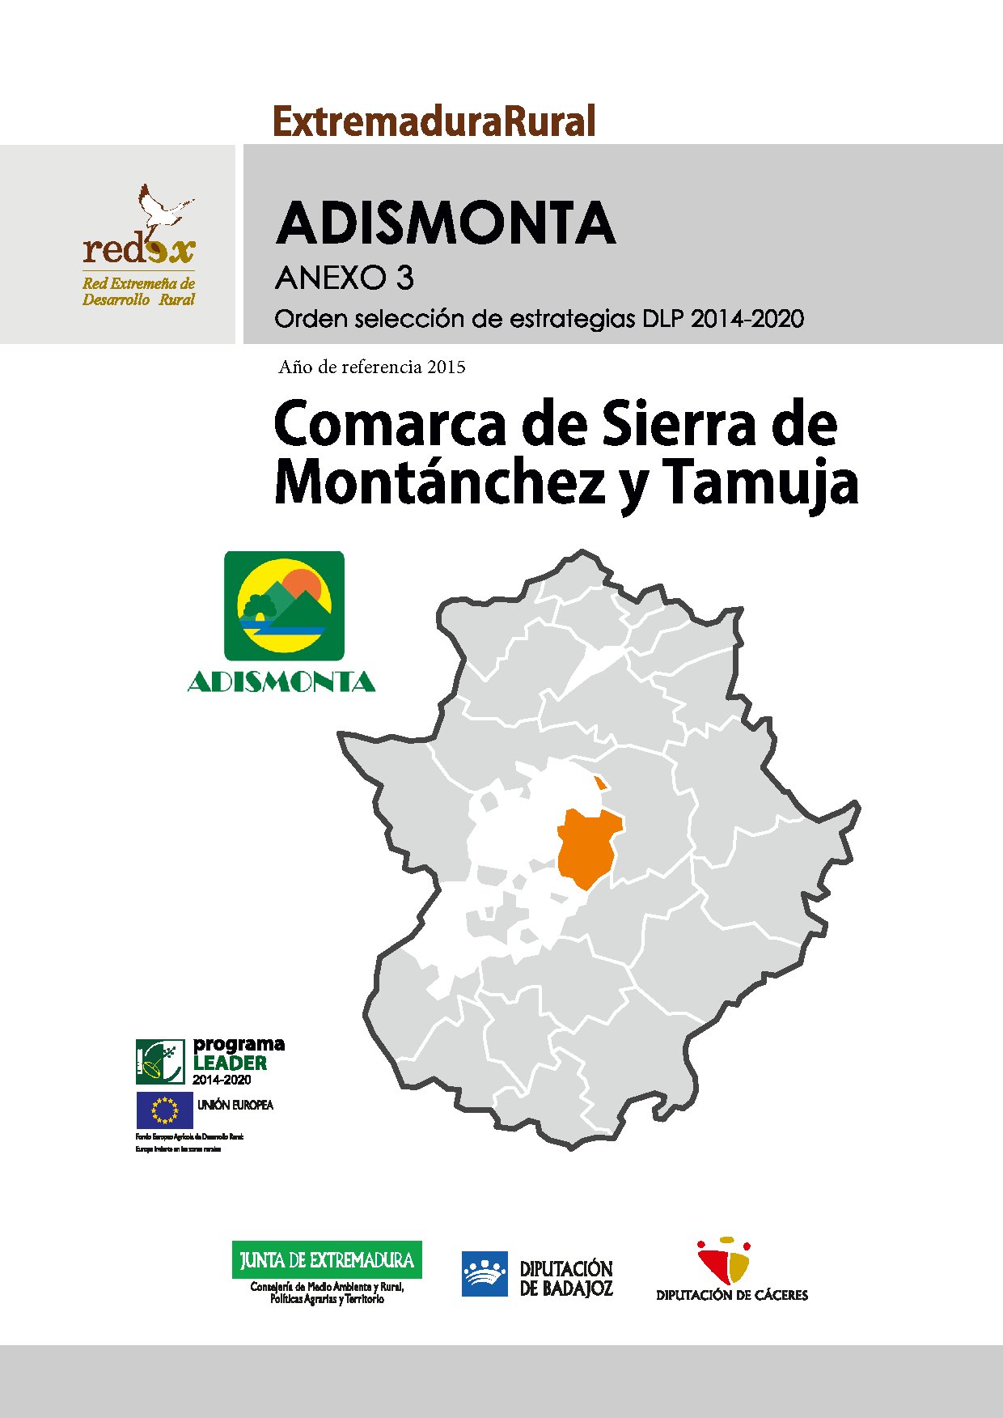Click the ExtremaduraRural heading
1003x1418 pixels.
[x=434, y=121]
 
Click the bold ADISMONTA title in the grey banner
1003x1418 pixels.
[x=446, y=223]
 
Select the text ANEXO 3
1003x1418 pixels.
[x=345, y=278]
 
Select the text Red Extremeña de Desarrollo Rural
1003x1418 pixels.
[x=138, y=291]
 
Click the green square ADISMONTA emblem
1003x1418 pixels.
[x=284, y=605]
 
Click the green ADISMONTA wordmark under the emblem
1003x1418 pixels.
[x=281, y=682]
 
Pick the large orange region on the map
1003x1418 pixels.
[x=589, y=848]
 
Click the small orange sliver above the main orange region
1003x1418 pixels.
[x=599, y=783]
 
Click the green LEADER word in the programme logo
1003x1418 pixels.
[x=230, y=1063]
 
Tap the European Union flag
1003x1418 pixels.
[x=165, y=1110]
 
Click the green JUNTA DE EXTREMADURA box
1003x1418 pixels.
[x=327, y=1259]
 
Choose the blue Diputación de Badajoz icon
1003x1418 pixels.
[x=485, y=1274]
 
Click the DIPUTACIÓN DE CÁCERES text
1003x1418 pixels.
[x=732, y=1295]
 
